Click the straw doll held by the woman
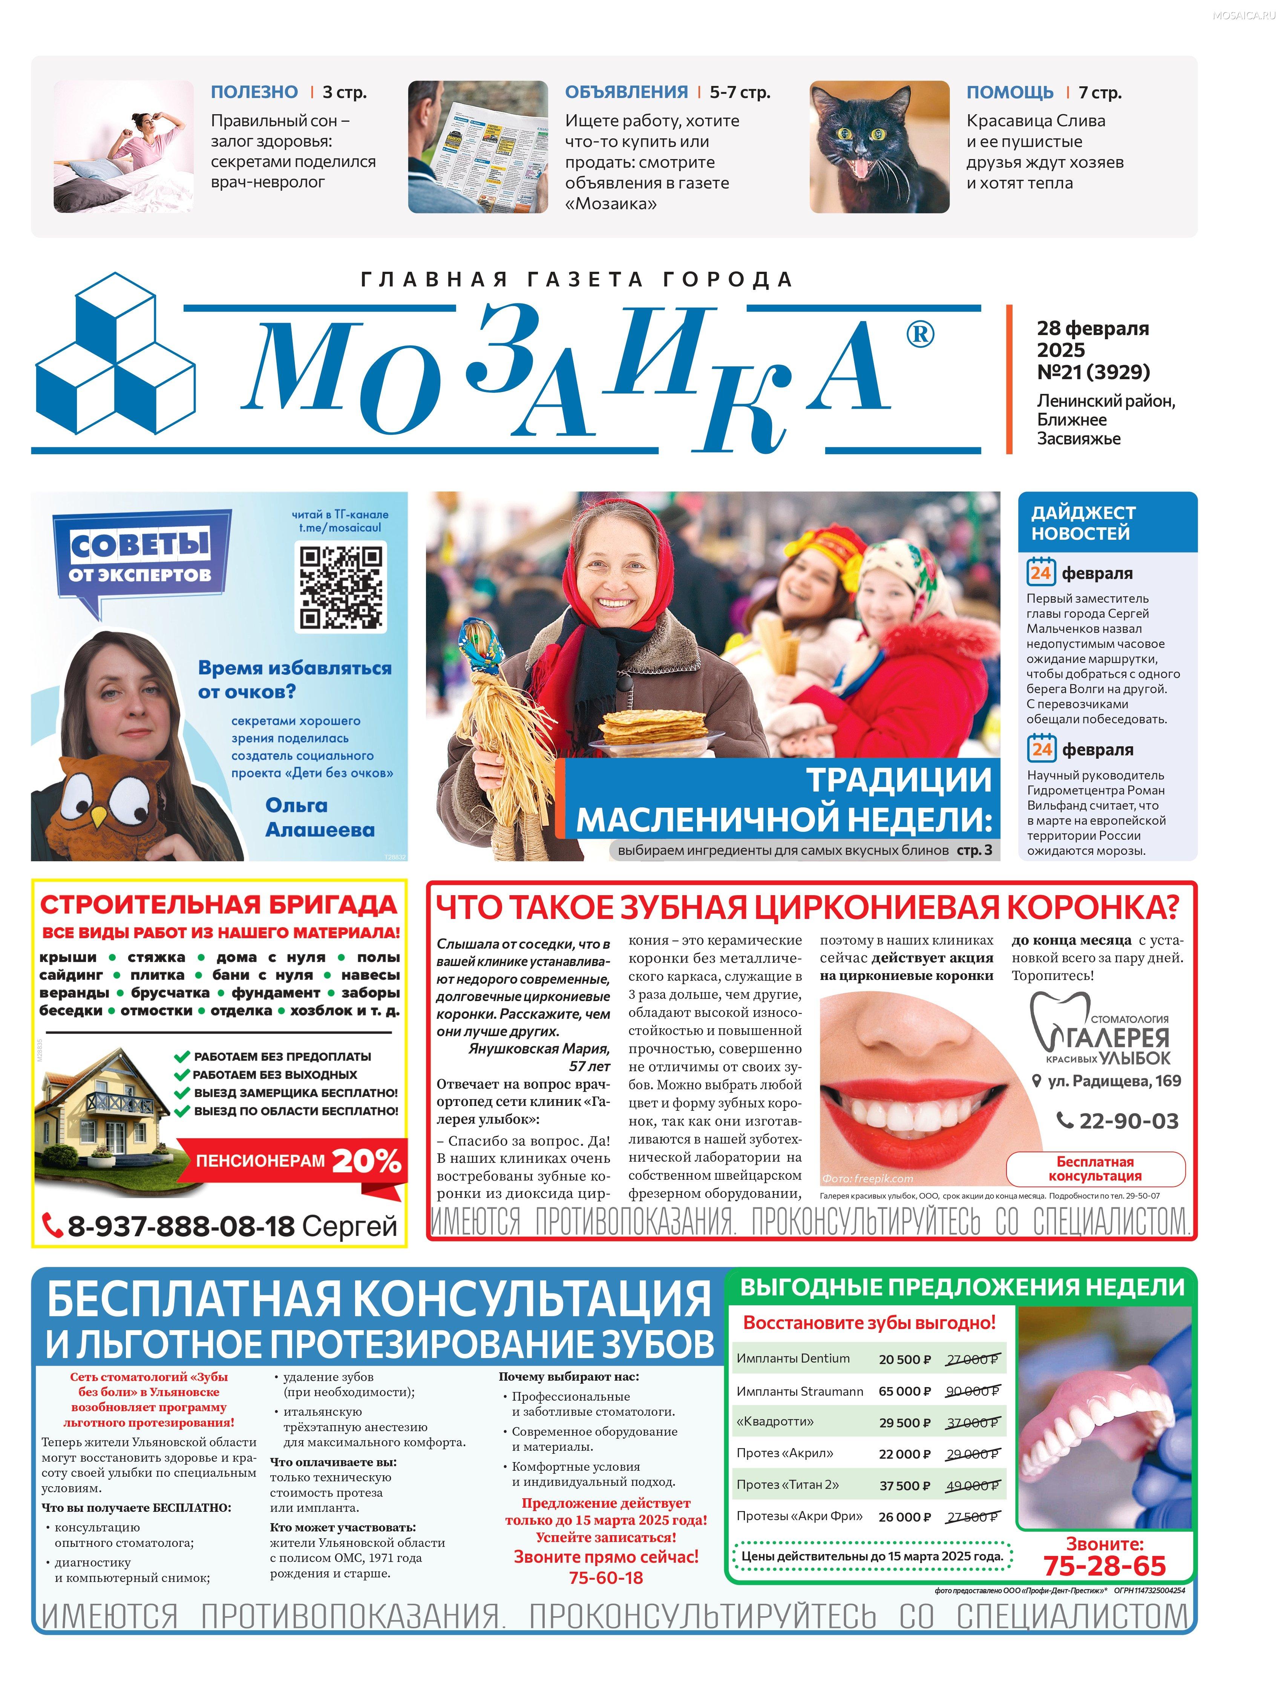pos(506,735)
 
